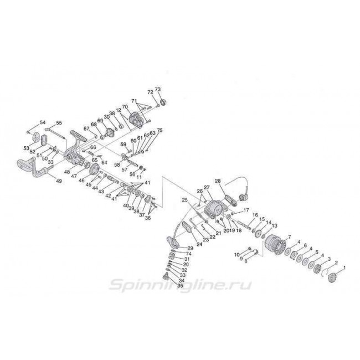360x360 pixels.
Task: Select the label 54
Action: pos(43,122)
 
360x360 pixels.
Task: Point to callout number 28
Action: pos(218,181)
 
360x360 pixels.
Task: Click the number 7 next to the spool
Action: pos(289,237)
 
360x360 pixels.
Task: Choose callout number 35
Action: pos(180,286)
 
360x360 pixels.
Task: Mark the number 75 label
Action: pos(161,130)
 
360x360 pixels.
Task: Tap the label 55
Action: pos(59,122)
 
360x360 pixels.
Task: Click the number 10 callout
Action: pos(237,254)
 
